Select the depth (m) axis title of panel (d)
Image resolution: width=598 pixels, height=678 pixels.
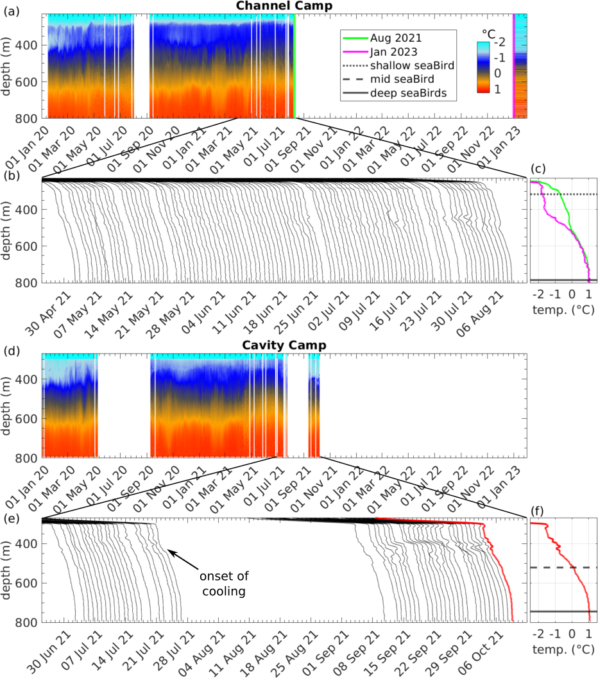click(x=9, y=405)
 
